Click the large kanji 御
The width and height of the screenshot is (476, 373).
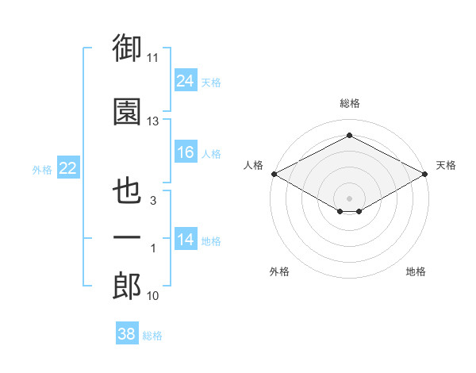point(127,48)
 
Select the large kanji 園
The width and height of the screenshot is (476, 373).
point(127,111)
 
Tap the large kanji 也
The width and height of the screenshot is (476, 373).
point(127,190)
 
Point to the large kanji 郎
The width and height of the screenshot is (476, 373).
point(127,286)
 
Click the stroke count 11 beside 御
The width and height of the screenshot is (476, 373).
point(152,58)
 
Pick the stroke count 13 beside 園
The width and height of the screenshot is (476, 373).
point(152,121)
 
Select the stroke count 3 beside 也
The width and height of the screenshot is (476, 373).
point(153,201)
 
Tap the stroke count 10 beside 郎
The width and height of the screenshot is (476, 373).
point(152,296)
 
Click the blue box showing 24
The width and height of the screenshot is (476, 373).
point(186,80)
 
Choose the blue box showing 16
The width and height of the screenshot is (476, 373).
point(186,152)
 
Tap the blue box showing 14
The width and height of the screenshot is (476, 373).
point(186,238)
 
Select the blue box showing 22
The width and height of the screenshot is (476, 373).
point(68,167)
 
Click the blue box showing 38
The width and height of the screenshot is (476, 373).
point(127,333)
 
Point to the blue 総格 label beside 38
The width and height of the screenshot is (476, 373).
point(152,336)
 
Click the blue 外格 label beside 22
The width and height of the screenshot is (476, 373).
point(42,170)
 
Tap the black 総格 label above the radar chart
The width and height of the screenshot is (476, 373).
point(349,103)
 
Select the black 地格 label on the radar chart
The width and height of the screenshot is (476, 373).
point(416,271)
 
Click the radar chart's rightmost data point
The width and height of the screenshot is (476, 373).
point(425,174)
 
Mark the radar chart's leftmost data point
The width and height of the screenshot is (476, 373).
point(274,174)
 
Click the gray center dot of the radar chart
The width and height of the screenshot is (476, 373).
point(349,198)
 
